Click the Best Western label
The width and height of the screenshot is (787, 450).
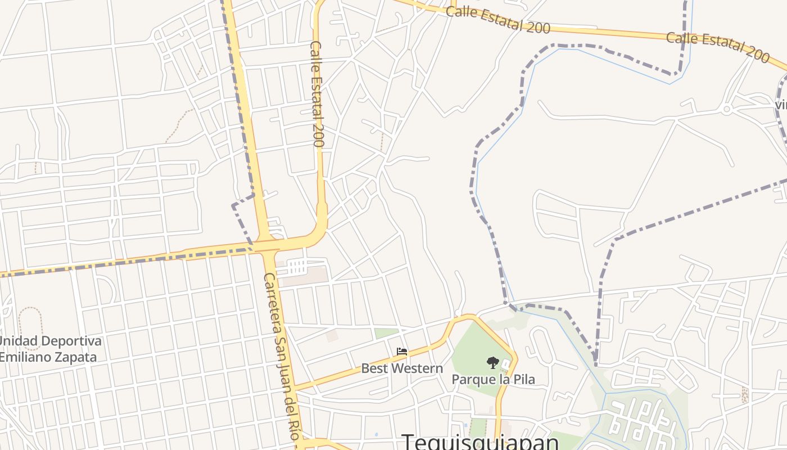[402, 368]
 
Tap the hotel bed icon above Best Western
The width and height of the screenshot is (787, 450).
[402, 352]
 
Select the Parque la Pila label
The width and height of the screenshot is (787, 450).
[493, 379]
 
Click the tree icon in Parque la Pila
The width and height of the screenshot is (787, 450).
[492, 362]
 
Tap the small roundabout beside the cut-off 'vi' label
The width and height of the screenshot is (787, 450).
[727, 109]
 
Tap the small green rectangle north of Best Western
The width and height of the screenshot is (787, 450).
[386, 333]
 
